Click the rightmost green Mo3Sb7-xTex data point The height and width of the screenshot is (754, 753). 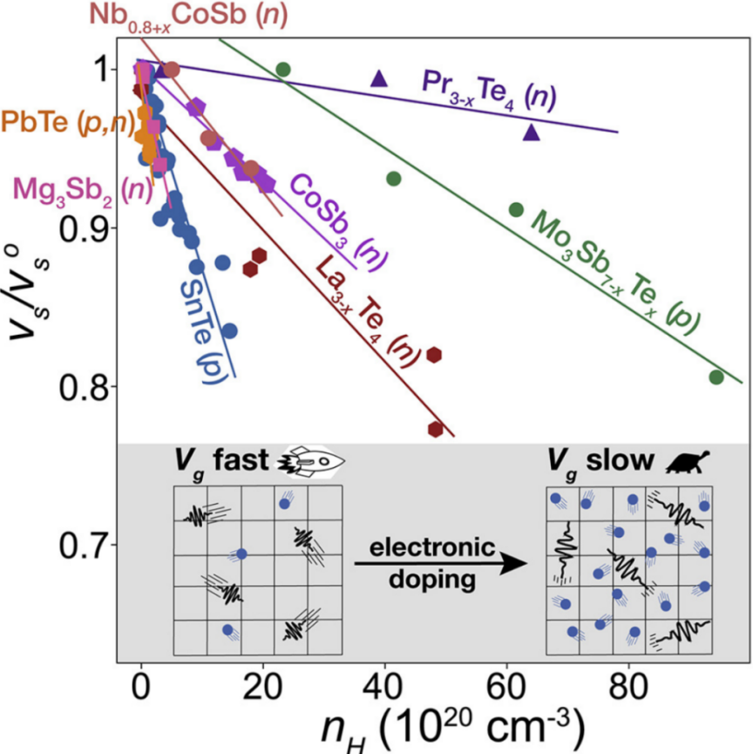(x=716, y=377)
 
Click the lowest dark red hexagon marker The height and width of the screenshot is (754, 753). (x=436, y=429)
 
